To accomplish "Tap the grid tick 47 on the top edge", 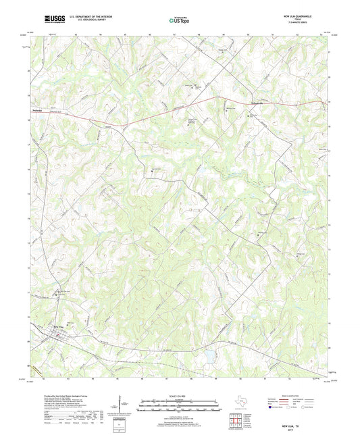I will point(174,33).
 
